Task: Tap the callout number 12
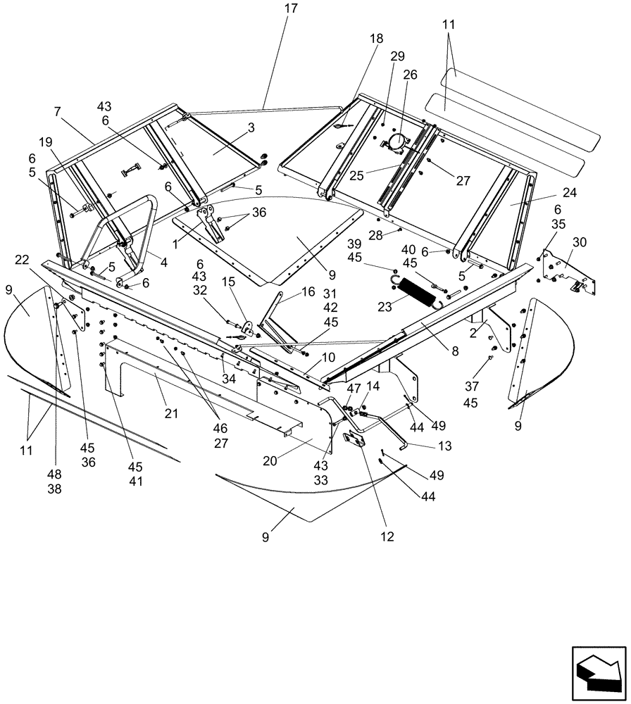point(387,536)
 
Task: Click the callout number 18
point(376,39)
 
